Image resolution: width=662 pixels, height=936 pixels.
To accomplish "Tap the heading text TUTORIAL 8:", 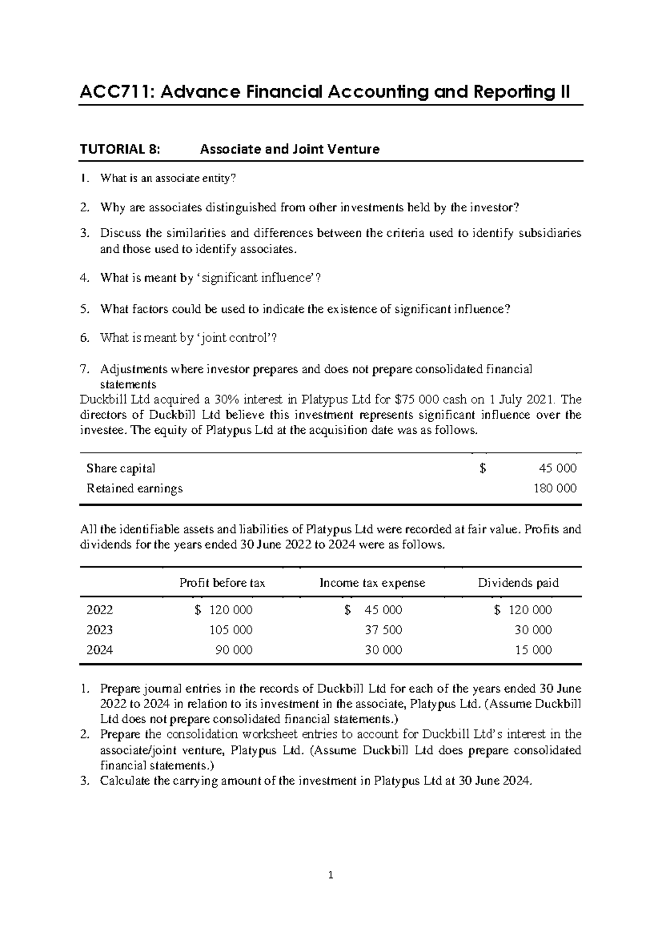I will coord(120,149).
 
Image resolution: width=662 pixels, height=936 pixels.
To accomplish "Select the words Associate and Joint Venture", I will coord(289,149).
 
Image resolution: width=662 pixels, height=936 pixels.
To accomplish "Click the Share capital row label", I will coord(121,469).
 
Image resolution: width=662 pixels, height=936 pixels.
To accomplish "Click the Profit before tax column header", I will coord(222,583).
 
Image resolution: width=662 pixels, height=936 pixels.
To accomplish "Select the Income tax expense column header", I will coord(372,583).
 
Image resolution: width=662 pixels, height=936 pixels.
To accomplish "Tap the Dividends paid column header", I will coord(518,583).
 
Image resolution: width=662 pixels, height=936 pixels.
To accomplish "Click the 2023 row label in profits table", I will coord(100,630).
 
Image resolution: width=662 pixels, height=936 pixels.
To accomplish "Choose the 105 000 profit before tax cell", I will coord(231,630).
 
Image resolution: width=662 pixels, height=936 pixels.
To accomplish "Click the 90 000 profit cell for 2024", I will coord(234,650).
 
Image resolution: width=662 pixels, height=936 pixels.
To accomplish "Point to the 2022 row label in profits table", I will coord(100,610).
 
